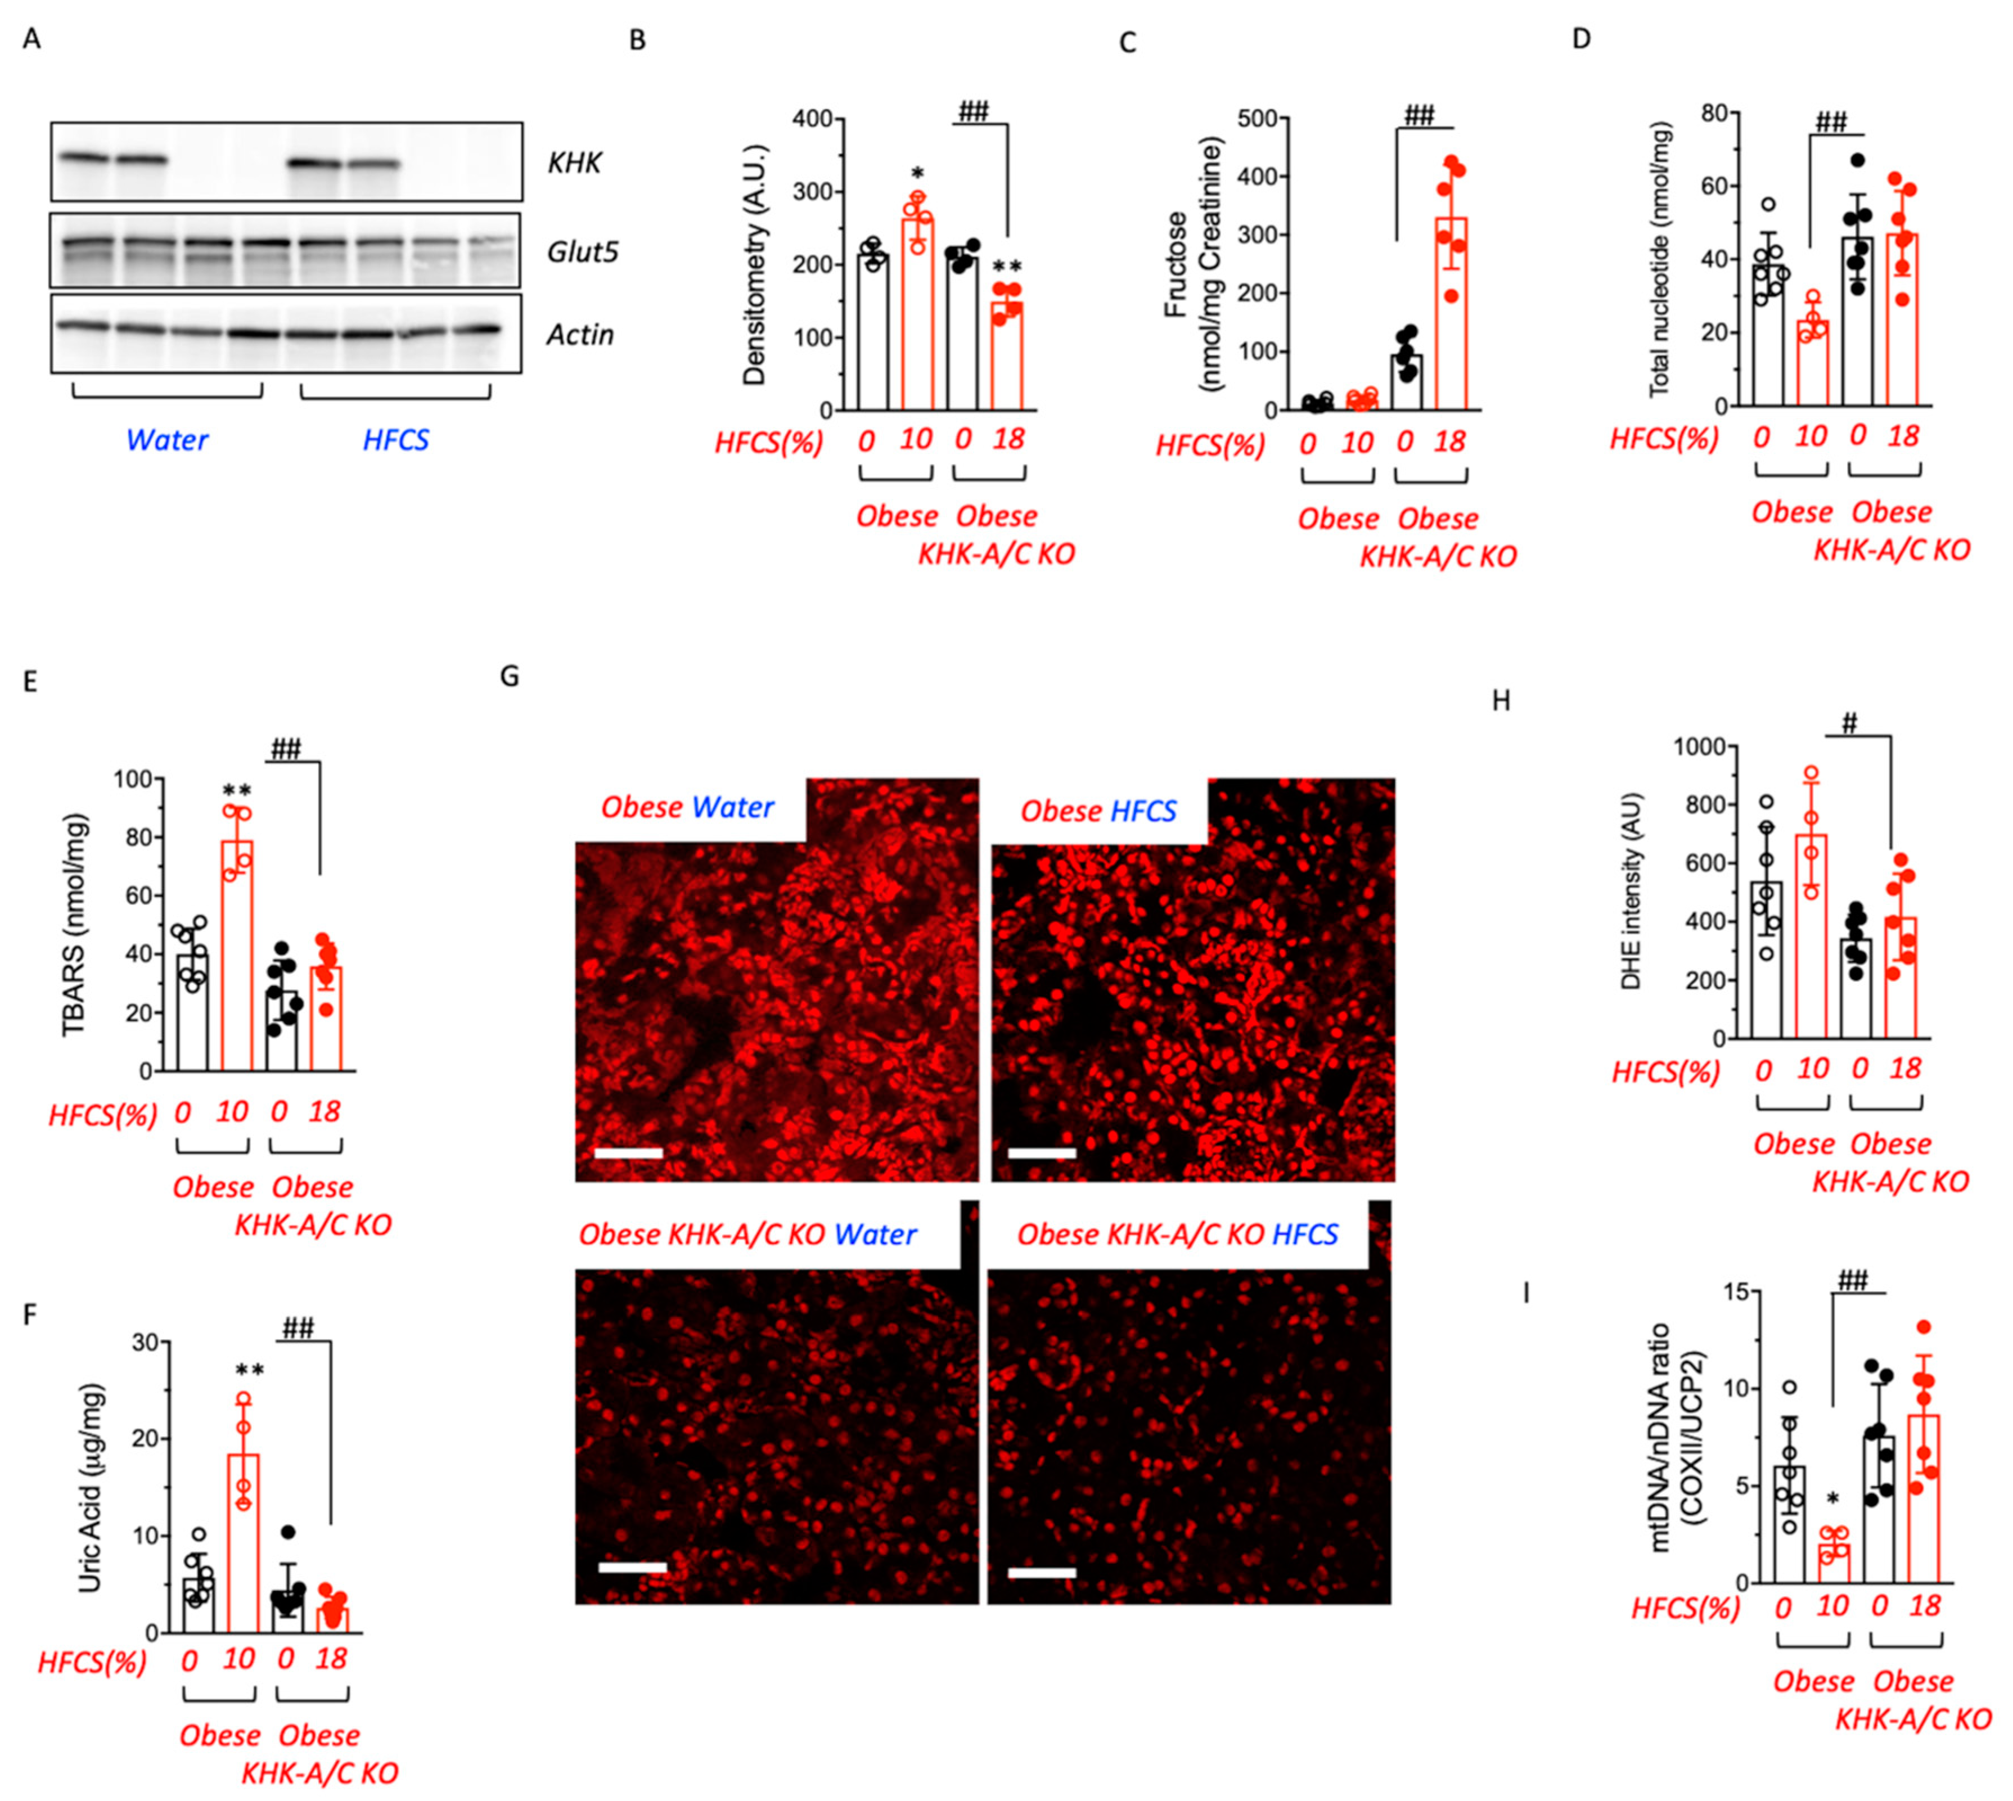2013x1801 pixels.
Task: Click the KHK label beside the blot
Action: click(x=574, y=163)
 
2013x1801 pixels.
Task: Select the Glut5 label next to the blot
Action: click(x=583, y=253)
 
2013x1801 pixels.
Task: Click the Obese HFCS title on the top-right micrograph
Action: click(x=1098, y=812)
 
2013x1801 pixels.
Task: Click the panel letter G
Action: click(x=510, y=677)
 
